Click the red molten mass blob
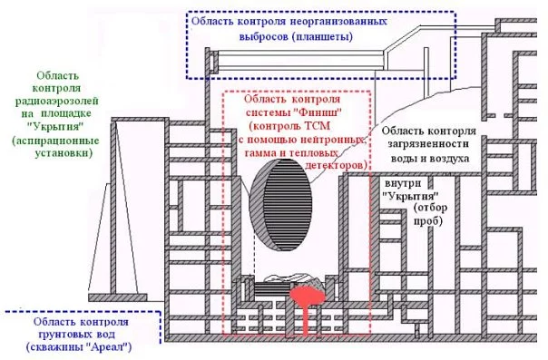click(x=308, y=296)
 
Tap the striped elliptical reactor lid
click(x=280, y=205)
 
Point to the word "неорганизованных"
click(x=338, y=21)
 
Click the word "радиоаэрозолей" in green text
click(x=57, y=102)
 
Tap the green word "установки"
click(x=64, y=153)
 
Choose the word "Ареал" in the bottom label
click(x=107, y=347)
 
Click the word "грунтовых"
click(x=65, y=335)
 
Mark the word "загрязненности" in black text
click(x=428, y=144)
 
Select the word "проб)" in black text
click(x=428, y=221)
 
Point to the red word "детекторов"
click(x=337, y=165)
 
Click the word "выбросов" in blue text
click(x=263, y=36)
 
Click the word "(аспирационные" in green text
click(x=55, y=141)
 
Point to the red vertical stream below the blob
click(x=306, y=320)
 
